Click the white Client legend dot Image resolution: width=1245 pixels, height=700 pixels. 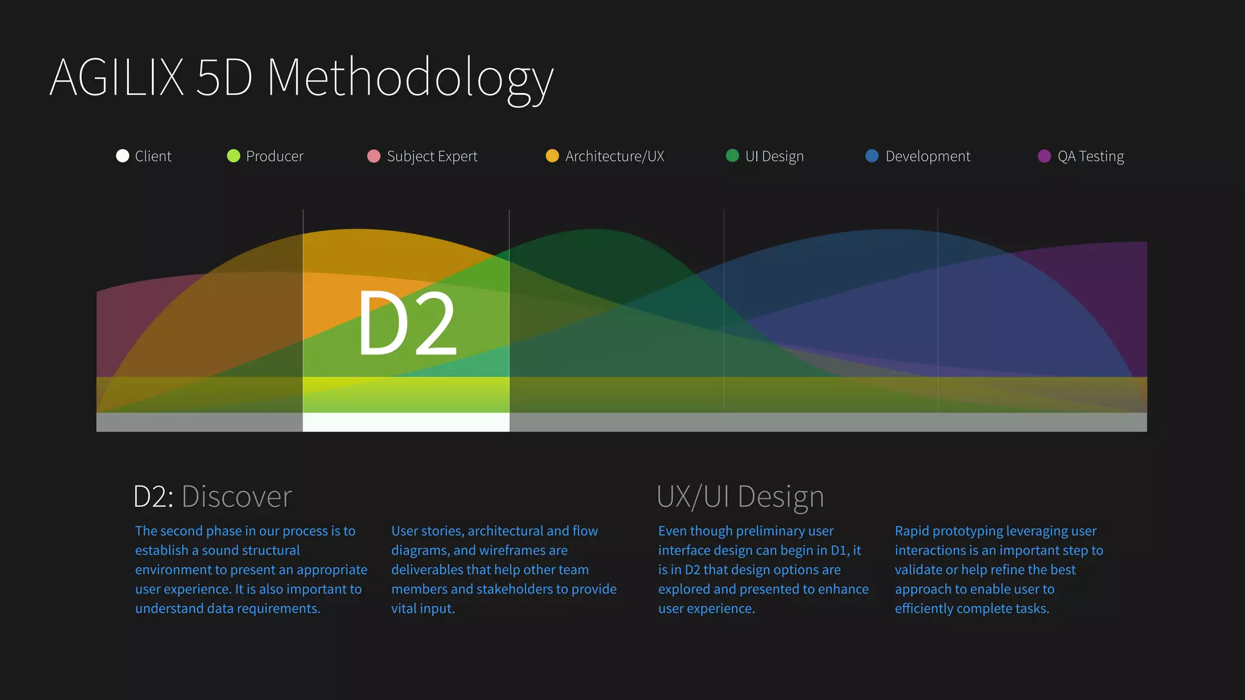122,156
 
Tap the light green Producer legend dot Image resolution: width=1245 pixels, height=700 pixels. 233,156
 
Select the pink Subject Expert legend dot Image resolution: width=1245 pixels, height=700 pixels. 374,156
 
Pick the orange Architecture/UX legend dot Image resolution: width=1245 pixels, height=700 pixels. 552,156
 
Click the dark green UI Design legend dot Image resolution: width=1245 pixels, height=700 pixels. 733,156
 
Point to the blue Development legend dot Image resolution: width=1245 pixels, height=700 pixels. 872,156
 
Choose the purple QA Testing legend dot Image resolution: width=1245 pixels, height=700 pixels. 1044,156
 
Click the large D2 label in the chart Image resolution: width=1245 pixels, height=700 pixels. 407,323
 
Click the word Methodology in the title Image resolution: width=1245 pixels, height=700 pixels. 410,79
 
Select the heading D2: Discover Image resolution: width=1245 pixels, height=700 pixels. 212,496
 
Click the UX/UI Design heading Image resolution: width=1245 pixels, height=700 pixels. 740,496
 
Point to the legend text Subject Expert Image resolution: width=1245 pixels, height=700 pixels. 432,157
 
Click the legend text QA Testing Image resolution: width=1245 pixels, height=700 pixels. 1091,157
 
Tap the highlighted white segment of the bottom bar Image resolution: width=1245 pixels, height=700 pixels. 405,422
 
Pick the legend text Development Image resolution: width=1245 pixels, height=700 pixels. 928,157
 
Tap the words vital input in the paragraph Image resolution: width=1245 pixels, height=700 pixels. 422,609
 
